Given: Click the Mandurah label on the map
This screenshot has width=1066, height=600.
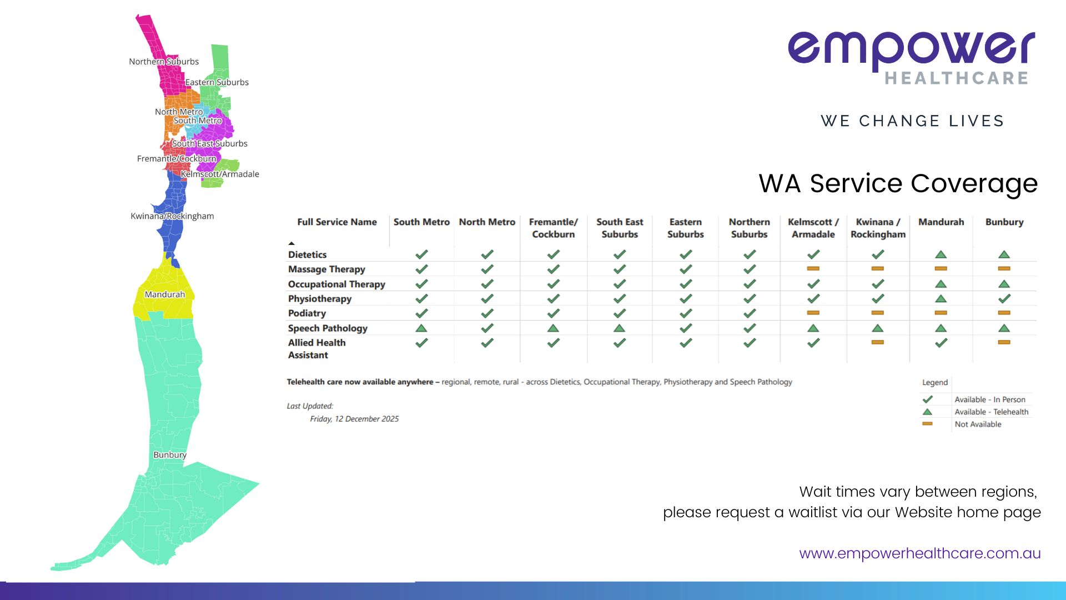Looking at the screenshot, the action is (x=164, y=294).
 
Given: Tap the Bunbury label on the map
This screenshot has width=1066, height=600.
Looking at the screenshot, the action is (x=170, y=455).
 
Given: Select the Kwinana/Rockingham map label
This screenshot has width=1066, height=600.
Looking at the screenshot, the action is (x=172, y=216).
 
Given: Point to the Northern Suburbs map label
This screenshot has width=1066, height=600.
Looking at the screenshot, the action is (x=164, y=62).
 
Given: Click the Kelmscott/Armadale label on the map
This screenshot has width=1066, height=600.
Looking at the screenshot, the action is (x=220, y=174).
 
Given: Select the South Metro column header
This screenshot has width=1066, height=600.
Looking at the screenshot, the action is (x=421, y=222).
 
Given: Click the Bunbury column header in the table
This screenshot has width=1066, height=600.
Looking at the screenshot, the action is (x=1004, y=222).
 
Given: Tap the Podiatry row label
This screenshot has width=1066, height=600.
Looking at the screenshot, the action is (x=307, y=313).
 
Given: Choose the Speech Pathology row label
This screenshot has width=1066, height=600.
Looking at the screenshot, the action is (x=328, y=328).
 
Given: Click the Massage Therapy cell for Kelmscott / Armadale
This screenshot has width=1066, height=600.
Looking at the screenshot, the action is (x=813, y=269).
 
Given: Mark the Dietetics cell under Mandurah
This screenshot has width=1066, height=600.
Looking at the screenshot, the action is (x=941, y=254).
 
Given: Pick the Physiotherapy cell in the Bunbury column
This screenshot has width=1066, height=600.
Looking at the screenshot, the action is (x=1004, y=298).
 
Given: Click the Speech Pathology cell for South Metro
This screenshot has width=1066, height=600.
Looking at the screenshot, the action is (x=421, y=328).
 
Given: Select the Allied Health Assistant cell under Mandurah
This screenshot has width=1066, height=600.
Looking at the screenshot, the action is (x=941, y=343).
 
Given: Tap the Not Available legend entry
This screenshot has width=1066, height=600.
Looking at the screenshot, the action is (x=978, y=424).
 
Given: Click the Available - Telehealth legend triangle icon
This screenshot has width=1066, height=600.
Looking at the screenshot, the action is (x=927, y=412).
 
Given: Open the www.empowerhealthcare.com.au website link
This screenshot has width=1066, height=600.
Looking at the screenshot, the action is (x=920, y=553).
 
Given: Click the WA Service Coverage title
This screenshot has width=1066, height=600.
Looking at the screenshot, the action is (x=898, y=183).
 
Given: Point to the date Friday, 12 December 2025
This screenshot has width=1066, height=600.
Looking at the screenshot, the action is (x=354, y=419).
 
